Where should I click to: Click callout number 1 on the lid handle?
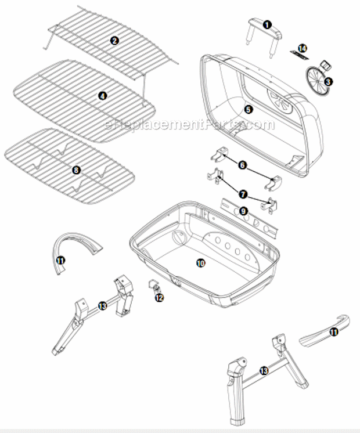(x=267, y=25)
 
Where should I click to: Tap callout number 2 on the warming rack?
(x=114, y=41)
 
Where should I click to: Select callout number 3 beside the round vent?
(x=328, y=82)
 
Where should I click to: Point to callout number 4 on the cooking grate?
(x=103, y=96)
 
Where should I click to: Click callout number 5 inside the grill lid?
(x=249, y=110)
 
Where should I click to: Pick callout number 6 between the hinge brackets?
(x=242, y=165)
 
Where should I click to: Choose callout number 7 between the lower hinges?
(x=243, y=194)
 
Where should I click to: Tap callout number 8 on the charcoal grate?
(x=76, y=170)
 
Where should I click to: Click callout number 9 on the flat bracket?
(x=243, y=211)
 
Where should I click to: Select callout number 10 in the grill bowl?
(x=201, y=263)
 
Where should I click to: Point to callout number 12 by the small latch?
(x=160, y=298)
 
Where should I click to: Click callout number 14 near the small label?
(x=303, y=49)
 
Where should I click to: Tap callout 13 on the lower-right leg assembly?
(x=264, y=370)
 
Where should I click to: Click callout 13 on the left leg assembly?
(x=102, y=306)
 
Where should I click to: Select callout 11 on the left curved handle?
(x=61, y=261)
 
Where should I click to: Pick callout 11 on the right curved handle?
(x=334, y=332)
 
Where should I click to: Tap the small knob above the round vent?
(x=325, y=66)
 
